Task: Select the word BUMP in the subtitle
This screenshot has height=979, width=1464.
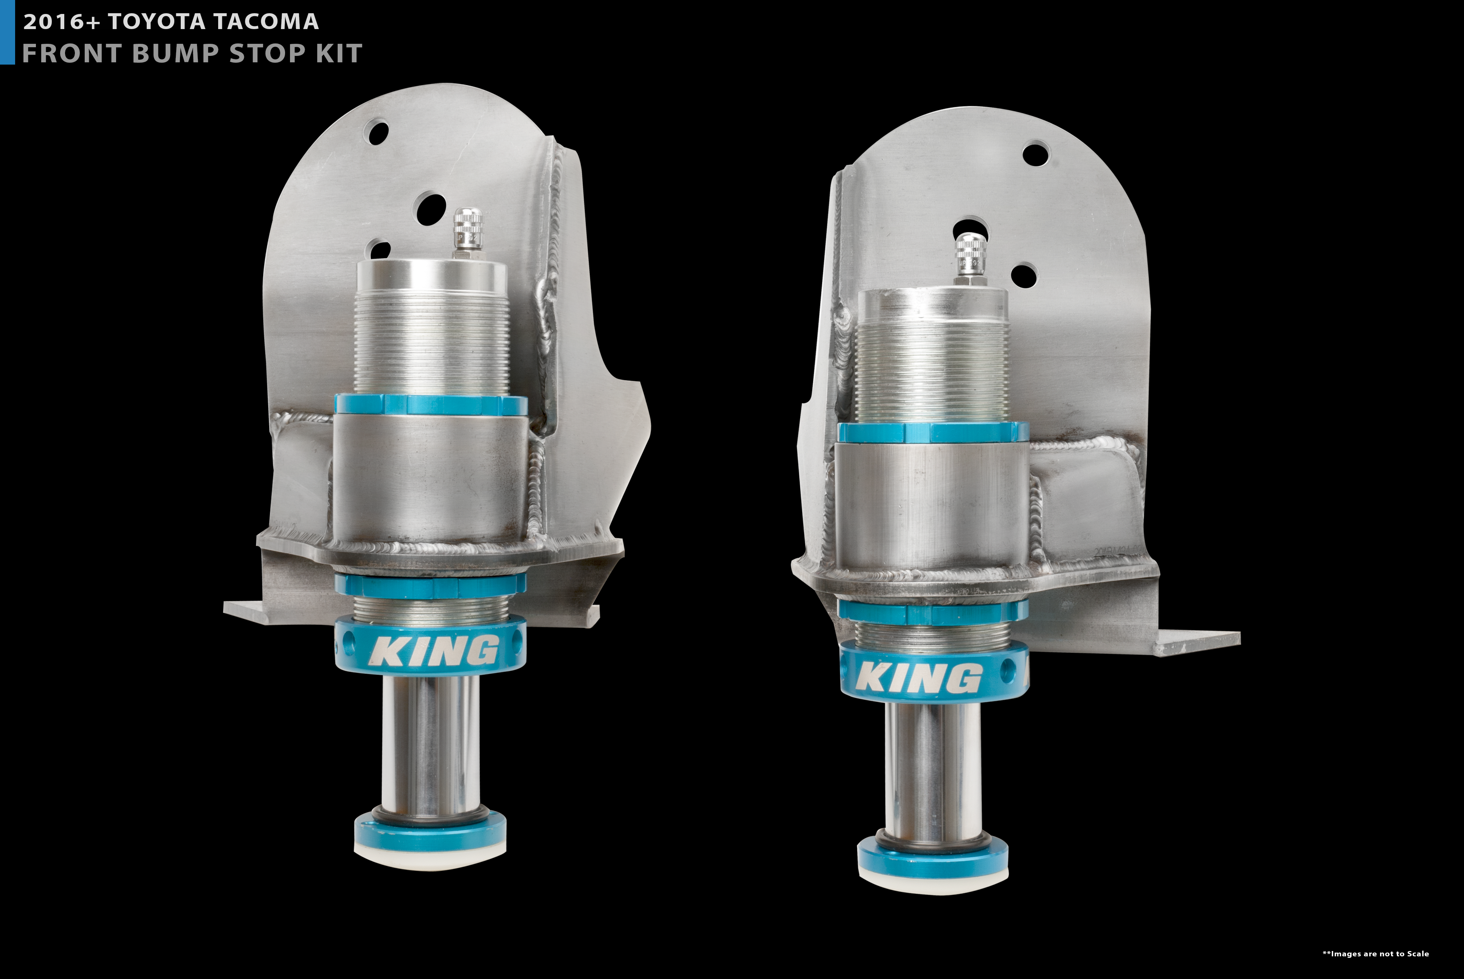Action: pyautogui.click(x=175, y=54)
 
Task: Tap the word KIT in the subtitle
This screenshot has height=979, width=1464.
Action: pyautogui.click(x=339, y=54)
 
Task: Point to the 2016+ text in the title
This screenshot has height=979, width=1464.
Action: pyautogui.click(x=61, y=22)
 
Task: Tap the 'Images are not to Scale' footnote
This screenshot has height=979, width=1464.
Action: pyautogui.click(x=1376, y=953)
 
